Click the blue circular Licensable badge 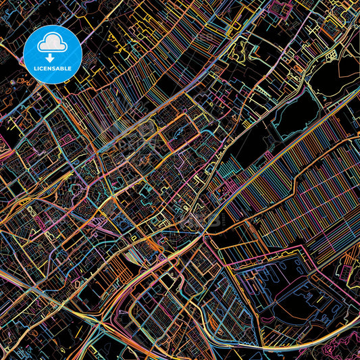point(53,54)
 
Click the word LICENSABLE point(53,68)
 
